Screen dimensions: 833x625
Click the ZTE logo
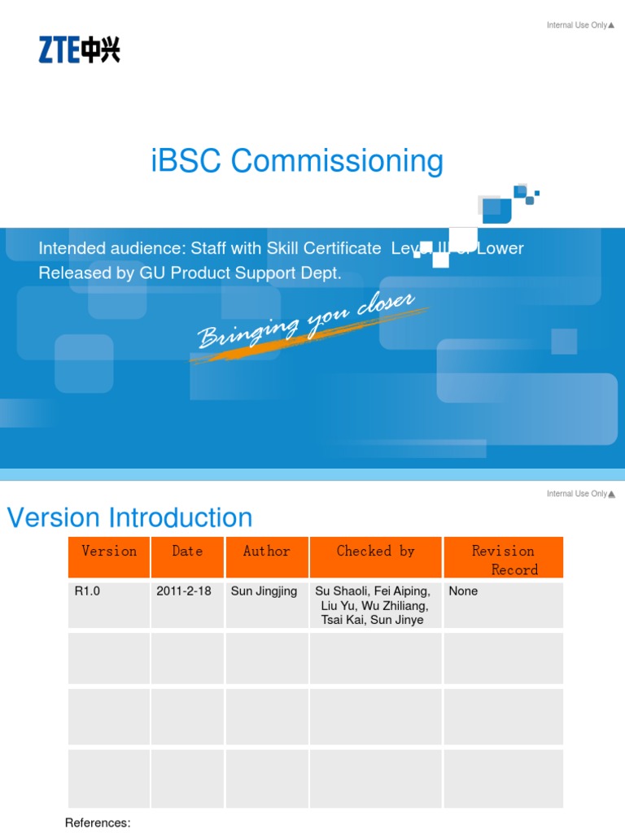pos(79,50)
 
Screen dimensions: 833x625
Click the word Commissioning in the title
pos(337,161)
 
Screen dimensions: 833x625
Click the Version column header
pos(109,552)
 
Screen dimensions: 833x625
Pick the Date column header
pos(187,552)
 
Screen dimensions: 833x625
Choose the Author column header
pos(267,552)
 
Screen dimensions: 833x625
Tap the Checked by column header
pos(375,552)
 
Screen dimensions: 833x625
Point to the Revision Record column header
pos(503,560)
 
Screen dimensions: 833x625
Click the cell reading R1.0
pos(87,591)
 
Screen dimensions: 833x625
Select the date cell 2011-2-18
pos(183,591)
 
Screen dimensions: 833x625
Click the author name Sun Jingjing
pos(264,591)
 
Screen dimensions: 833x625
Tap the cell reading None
pos(463,591)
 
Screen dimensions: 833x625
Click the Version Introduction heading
pos(130,517)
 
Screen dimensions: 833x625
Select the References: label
pos(98,822)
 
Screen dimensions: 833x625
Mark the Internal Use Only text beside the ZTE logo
pos(577,25)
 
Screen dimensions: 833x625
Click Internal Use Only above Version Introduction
pos(577,494)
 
